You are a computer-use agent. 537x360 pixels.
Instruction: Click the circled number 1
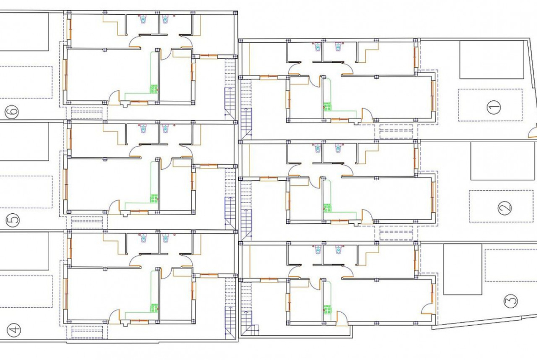click(x=493, y=107)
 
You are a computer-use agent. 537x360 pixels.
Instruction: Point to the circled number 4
click(x=14, y=330)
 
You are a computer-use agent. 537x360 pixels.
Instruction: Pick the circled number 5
click(x=13, y=220)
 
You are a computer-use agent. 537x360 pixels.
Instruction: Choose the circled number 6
click(x=12, y=111)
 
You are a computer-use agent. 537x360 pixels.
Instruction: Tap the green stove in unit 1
click(x=327, y=106)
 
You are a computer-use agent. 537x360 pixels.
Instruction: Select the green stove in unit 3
click(x=327, y=310)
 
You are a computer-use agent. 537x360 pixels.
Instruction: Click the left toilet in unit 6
click(x=143, y=19)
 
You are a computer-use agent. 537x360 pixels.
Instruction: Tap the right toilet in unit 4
click(x=166, y=238)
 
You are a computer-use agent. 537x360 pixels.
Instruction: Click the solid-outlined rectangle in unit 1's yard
click(x=492, y=60)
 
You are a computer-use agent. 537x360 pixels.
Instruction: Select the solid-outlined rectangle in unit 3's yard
click(x=463, y=269)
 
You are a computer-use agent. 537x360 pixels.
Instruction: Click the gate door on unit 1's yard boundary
click(x=533, y=132)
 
